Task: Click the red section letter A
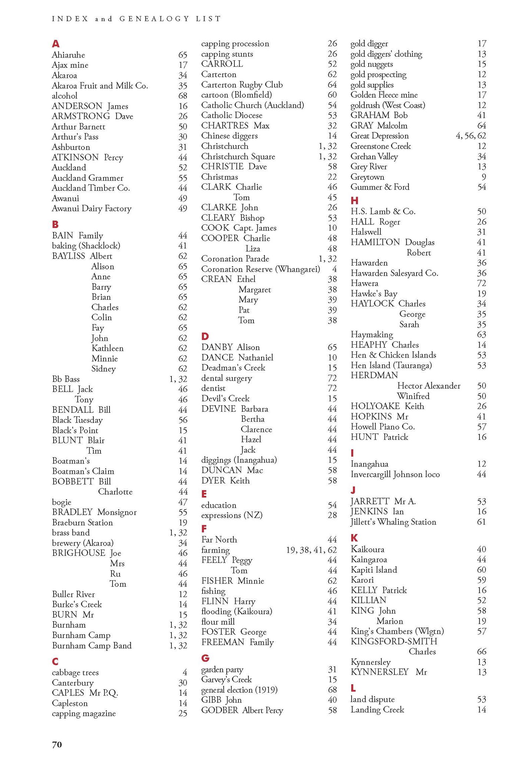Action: point(56,44)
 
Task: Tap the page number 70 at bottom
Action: point(57,744)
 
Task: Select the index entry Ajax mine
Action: point(70,65)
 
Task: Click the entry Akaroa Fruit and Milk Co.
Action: point(100,86)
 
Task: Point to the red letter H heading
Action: point(354,200)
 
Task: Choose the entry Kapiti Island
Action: point(374,570)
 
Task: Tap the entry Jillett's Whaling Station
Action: point(393,522)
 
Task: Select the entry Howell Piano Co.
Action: point(383,427)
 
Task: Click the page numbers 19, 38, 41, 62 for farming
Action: point(311,550)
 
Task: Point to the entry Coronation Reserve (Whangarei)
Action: point(260,269)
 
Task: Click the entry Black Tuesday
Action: point(77,420)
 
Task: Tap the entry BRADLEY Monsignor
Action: point(94,512)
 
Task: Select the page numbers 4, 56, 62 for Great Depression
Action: point(471,136)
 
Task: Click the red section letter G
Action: point(205,658)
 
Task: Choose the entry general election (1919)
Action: point(239,690)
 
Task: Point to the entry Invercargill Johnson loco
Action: point(395,474)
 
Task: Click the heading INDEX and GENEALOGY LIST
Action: point(136,19)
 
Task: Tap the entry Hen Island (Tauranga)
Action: point(391,365)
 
